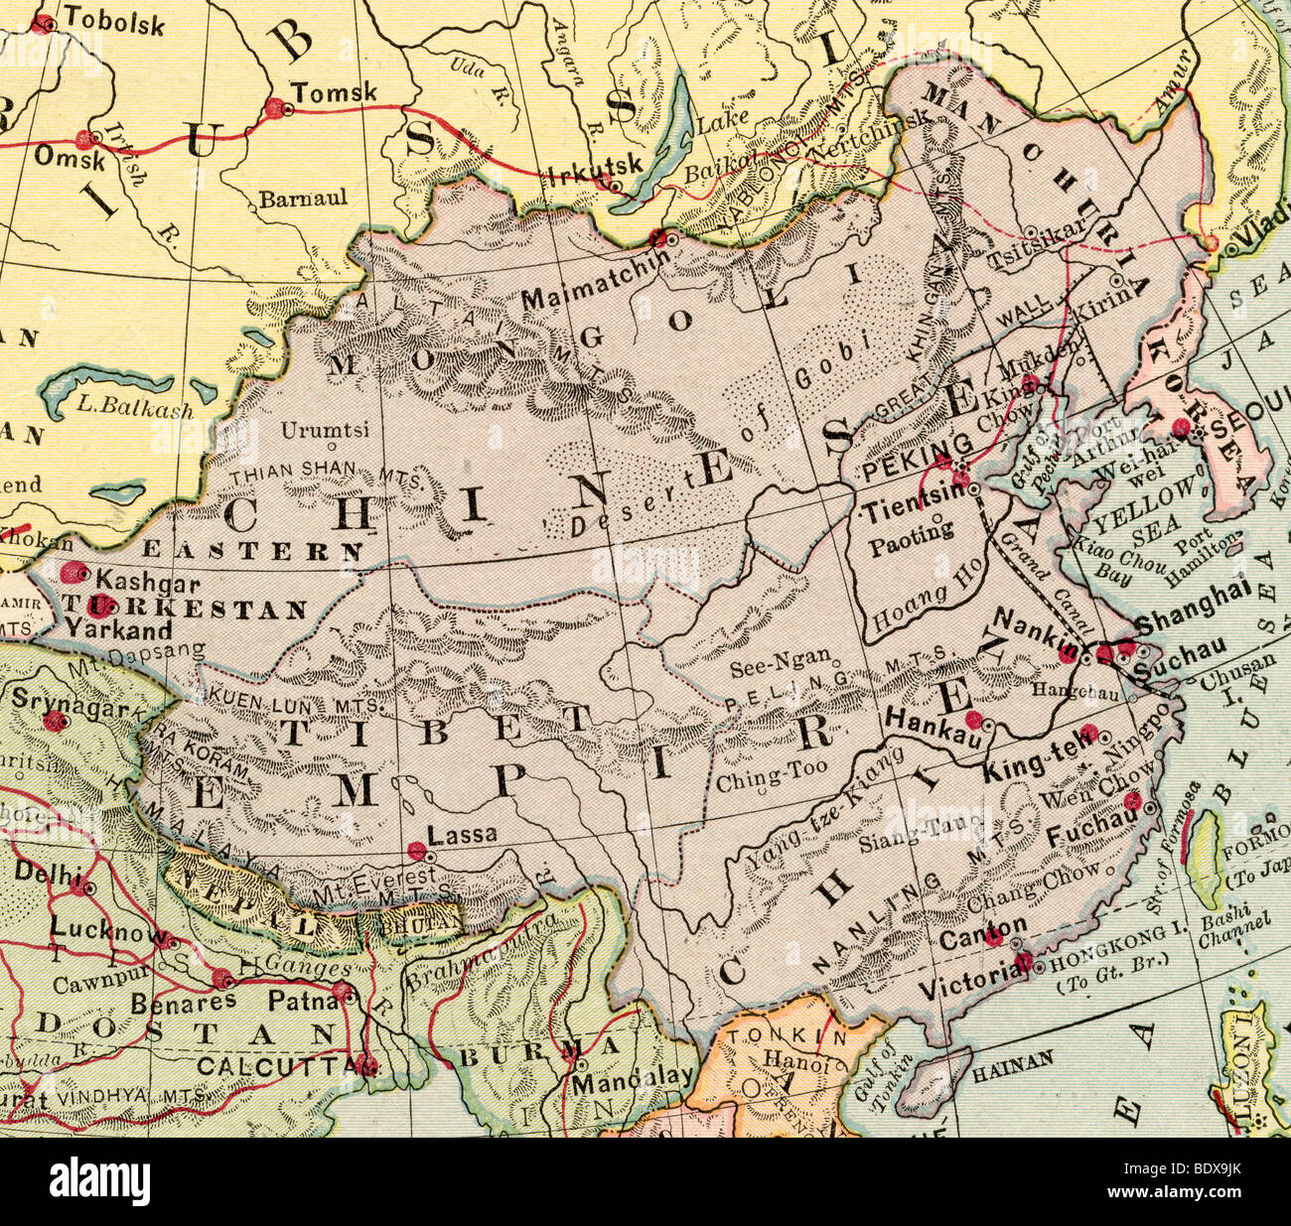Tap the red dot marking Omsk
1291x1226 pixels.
tap(94, 138)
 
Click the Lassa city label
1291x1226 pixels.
tap(463, 836)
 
